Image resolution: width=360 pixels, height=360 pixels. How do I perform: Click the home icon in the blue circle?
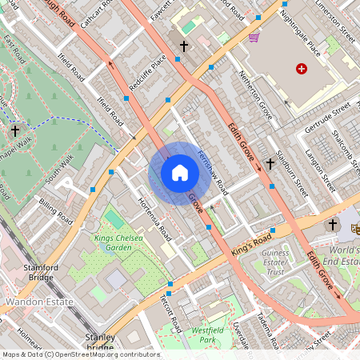[x=179, y=173]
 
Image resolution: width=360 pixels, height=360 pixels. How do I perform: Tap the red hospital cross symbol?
[x=302, y=70]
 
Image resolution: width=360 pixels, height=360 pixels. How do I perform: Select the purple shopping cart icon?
[x=254, y=37]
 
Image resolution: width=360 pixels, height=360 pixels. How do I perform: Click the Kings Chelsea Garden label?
[x=123, y=242]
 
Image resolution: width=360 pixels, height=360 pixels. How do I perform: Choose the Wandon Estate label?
[x=39, y=302]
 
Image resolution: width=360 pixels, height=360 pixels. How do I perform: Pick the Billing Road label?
[x=56, y=210]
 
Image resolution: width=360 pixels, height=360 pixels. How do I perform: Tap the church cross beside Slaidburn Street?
[x=270, y=163]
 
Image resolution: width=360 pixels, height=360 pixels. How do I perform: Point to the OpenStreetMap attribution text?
[x=80, y=354]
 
